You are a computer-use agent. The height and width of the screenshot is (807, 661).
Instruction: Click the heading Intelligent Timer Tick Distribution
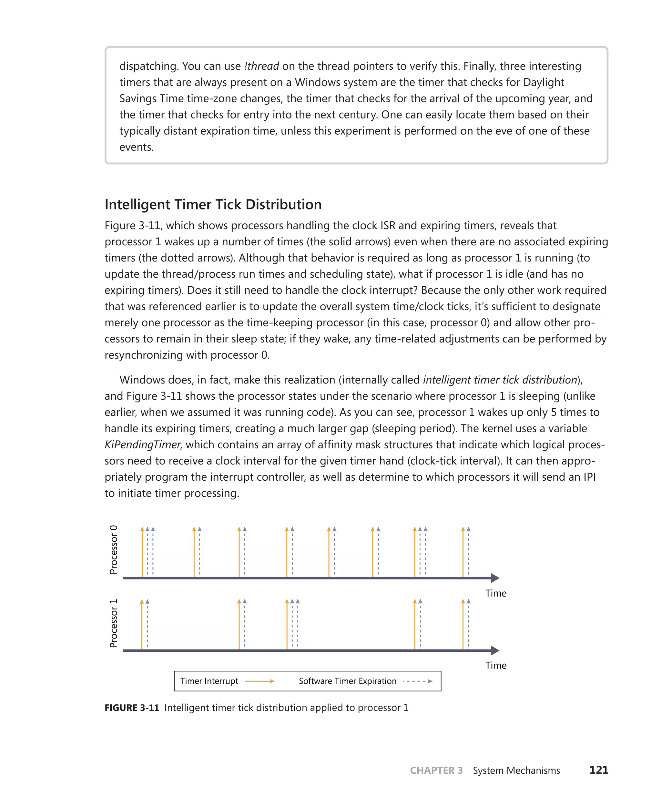click(x=213, y=205)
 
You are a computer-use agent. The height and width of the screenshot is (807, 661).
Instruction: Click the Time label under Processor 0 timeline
click(x=495, y=593)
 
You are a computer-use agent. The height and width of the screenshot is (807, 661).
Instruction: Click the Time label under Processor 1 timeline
click(x=495, y=665)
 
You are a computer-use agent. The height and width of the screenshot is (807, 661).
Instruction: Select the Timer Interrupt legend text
click(x=209, y=681)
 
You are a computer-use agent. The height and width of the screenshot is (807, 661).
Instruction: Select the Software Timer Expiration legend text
click(x=347, y=681)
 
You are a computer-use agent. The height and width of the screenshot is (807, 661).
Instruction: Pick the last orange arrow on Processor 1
click(x=463, y=625)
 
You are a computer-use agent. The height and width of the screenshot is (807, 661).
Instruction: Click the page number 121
click(x=599, y=770)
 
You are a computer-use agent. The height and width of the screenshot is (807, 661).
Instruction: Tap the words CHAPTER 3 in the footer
click(x=436, y=771)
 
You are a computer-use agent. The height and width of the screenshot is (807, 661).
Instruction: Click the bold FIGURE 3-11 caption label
click(x=132, y=708)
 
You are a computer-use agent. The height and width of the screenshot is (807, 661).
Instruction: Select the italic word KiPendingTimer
click(x=142, y=444)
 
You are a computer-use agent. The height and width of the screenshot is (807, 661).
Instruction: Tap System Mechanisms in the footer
click(x=516, y=771)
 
